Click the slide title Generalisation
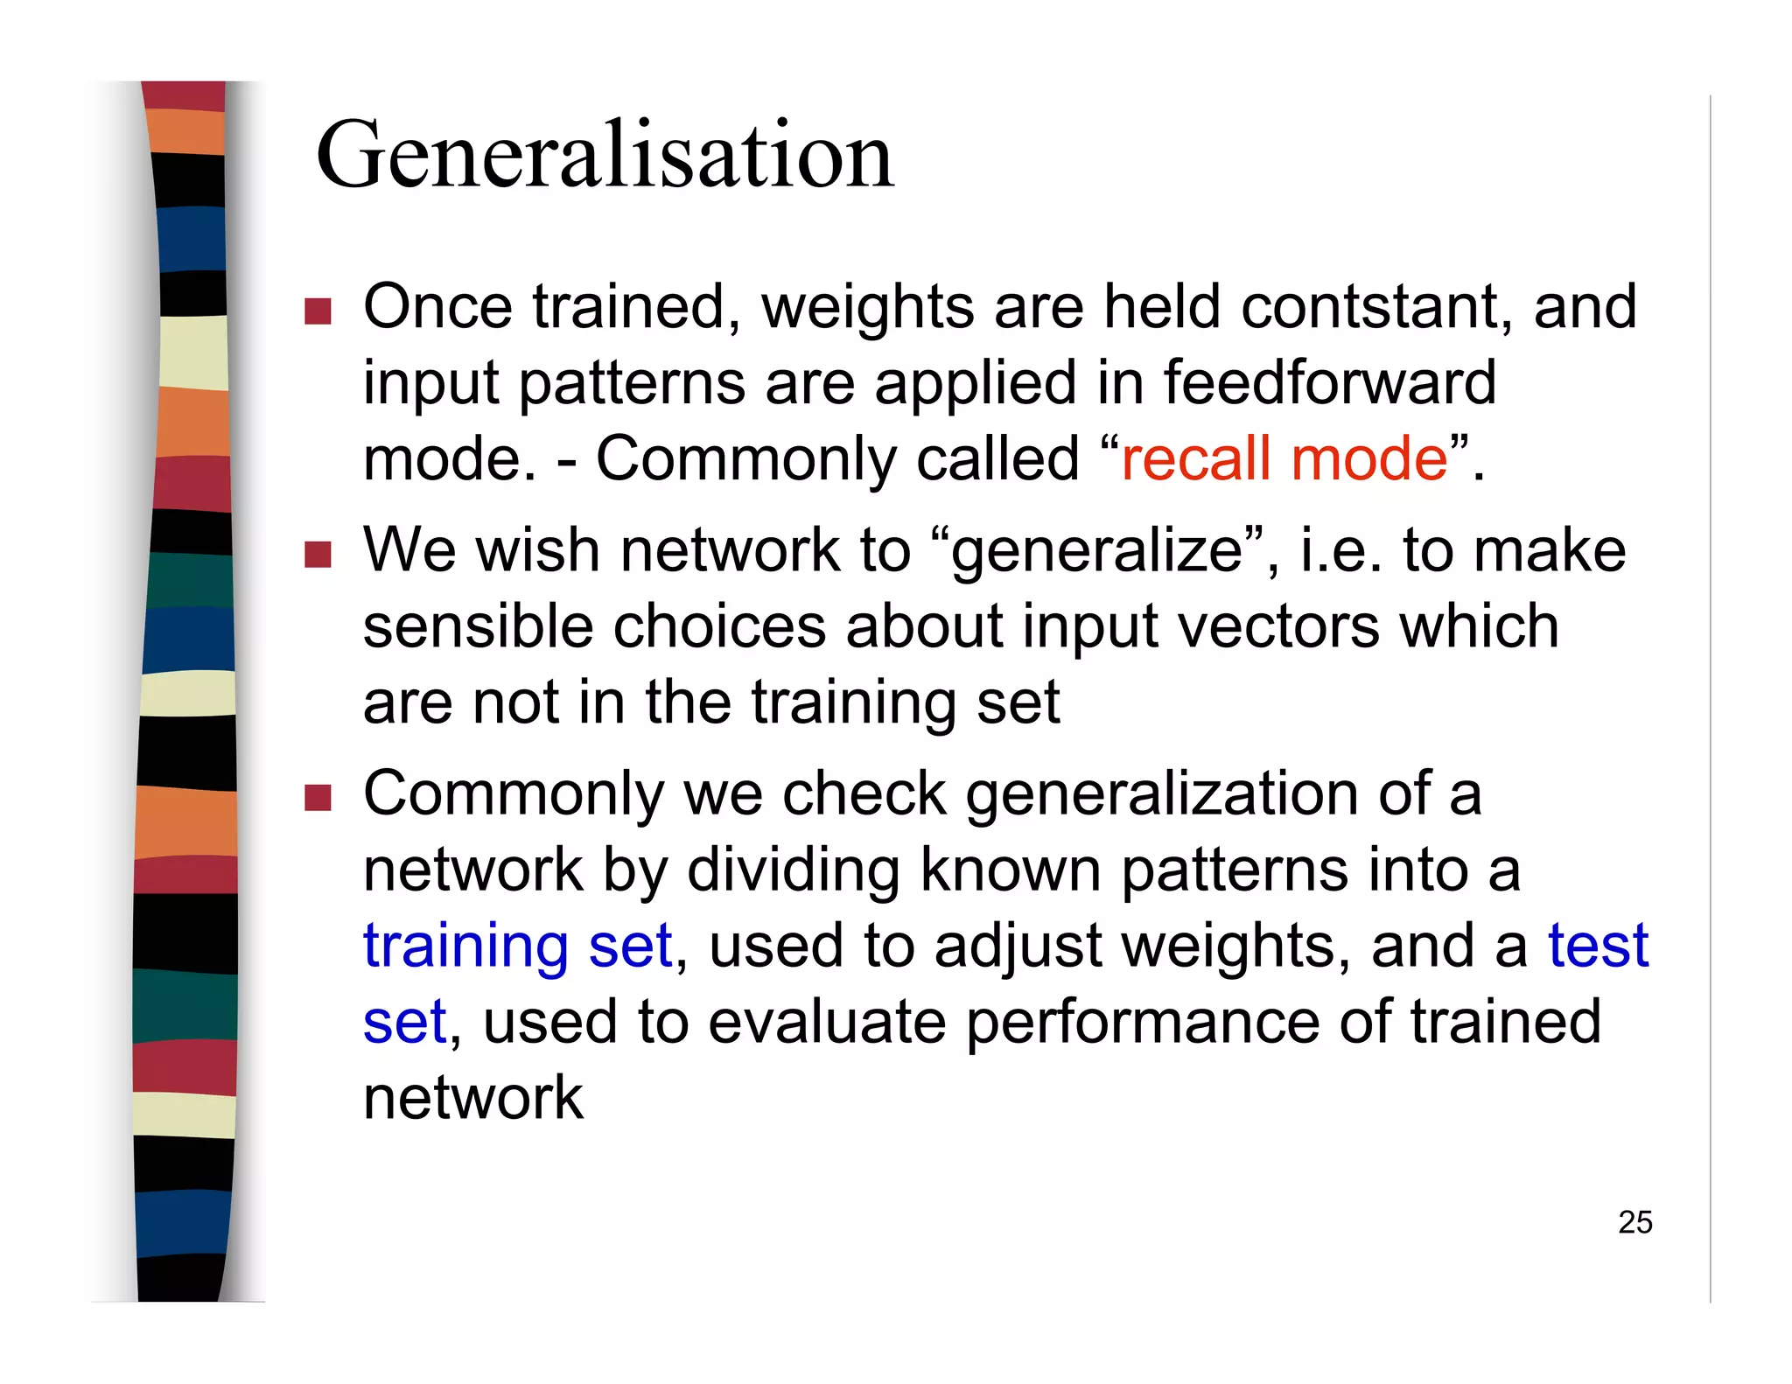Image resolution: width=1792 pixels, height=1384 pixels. tap(604, 156)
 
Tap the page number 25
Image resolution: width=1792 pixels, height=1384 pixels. tap(1634, 1222)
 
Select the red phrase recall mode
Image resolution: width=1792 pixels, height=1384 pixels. tap(1284, 458)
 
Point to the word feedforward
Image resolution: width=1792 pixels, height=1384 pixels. tap(1329, 382)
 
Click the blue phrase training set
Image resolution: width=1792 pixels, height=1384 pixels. tap(517, 946)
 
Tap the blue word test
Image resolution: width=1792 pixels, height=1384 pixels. tap(1598, 946)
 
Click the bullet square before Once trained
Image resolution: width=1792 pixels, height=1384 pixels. tap(318, 311)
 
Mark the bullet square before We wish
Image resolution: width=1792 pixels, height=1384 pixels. tap(318, 555)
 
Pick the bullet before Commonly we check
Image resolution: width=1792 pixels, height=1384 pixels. tap(318, 798)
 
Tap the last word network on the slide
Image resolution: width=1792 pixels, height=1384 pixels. tap(472, 1098)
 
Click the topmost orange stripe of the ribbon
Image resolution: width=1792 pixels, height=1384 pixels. tap(185, 131)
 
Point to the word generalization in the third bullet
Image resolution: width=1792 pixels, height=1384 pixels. tap(1162, 794)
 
